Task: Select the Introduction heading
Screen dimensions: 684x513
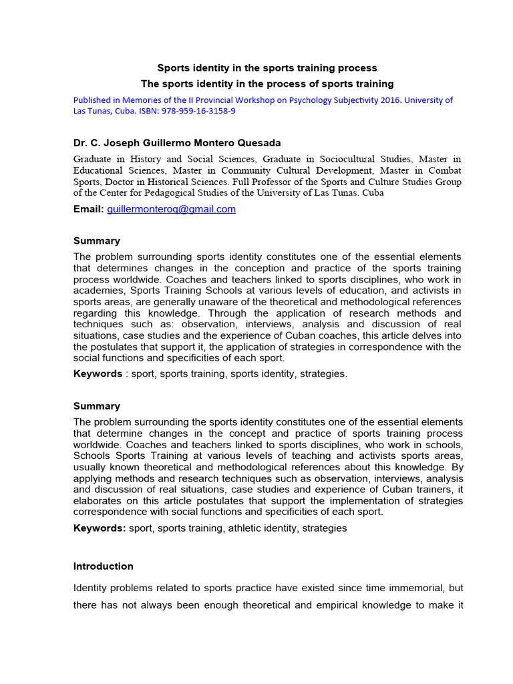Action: point(104,566)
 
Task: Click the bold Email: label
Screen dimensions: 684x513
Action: point(88,209)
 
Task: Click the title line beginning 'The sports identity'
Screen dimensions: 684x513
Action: point(267,83)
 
